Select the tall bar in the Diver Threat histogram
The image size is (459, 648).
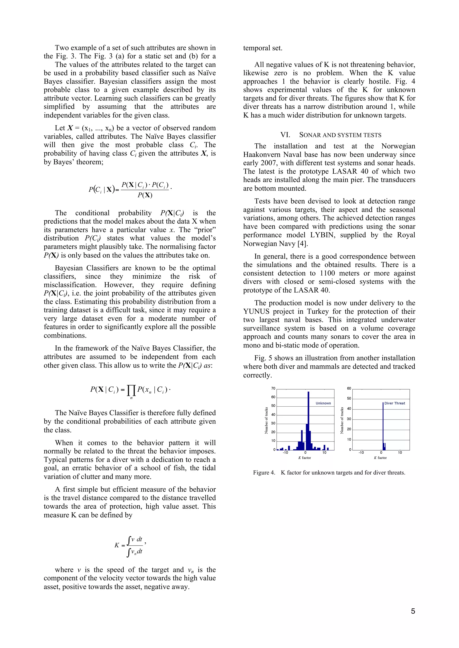(383, 426)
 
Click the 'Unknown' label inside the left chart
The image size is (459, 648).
(323, 403)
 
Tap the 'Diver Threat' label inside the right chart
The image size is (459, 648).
(394, 403)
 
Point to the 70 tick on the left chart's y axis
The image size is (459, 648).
(273, 388)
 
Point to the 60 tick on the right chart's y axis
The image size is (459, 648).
(349, 388)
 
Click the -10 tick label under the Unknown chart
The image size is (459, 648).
(286, 453)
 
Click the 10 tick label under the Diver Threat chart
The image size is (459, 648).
(400, 453)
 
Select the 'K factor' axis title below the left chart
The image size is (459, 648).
(304, 458)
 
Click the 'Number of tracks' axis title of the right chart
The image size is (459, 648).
(342, 420)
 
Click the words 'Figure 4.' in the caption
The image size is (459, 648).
(264, 473)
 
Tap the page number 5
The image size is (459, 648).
(413, 611)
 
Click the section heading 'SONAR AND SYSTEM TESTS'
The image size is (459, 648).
(340, 135)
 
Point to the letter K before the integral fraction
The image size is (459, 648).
(117, 545)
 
